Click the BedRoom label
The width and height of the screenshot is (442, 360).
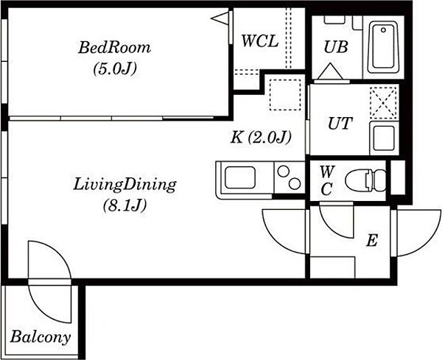[x=114, y=48]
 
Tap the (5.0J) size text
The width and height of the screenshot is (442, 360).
[x=115, y=68]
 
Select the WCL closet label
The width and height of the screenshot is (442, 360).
[x=260, y=41]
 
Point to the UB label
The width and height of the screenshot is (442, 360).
[x=336, y=47]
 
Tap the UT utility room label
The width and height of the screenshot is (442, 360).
[x=340, y=123]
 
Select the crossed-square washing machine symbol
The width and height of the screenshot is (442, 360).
[x=383, y=102]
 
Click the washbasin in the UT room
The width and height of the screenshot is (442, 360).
[x=384, y=138]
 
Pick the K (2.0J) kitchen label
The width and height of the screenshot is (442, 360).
[x=261, y=138]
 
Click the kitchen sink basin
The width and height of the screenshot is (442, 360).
[x=240, y=177]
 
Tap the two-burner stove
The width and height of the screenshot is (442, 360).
[x=290, y=177]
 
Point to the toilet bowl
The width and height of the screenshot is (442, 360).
[x=365, y=180]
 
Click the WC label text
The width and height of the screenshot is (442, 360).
[x=327, y=180]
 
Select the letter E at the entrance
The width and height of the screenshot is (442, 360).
[x=372, y=241]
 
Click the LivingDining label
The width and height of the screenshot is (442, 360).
[x=124, y=185]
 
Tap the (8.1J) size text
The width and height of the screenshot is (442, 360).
[x=124, y=205]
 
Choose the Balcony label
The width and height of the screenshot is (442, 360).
[x=40, y=337]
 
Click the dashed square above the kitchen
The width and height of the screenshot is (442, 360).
[x=285, y=95]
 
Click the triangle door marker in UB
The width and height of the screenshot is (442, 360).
[x=330, y=71]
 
